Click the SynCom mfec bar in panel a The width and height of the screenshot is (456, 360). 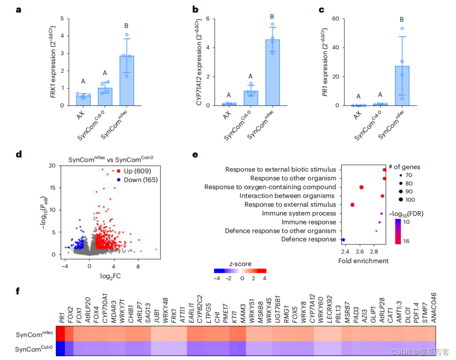126,80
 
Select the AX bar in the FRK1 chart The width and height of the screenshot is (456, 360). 83,101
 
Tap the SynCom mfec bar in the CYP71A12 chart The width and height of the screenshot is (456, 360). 272,72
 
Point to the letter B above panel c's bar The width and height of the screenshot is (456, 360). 402,19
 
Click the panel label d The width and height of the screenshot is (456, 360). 19,154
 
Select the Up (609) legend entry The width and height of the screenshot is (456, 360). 134,171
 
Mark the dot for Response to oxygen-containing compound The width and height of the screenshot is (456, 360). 361,187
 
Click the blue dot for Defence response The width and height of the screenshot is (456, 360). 343,240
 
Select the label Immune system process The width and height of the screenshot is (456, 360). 299,213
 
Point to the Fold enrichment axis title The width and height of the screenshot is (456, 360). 363,261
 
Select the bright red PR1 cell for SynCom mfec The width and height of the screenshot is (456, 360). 60,333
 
